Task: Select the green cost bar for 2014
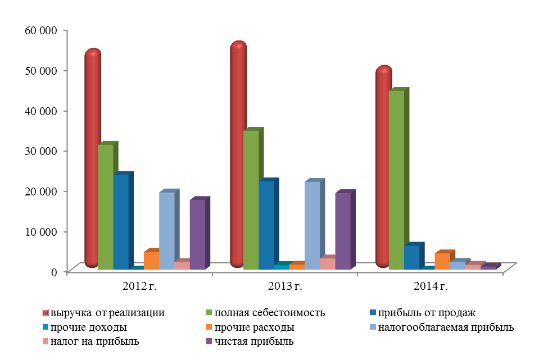pyautogui.click(x=396, y=180)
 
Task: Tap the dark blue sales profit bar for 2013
pyautogui.click(x=266, y=225)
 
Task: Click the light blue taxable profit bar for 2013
pyautogui.click(x=312, y=225)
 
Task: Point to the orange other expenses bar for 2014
pyautogui.click(x=442, y=261)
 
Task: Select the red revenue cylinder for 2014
pyautogui.click(x=383, y=168)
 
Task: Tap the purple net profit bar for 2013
pyautogui.click(x=343, y=231)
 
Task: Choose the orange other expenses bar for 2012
pyautogui.click(x=151, y=261)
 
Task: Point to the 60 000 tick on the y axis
pyautogui.click(x=41, y=30)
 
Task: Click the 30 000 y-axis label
pyautogui.click(x=41, y=151)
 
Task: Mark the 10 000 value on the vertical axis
pyautogui.click(x=41, y=231)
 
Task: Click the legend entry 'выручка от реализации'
pyautogui.click(x=107, y=313)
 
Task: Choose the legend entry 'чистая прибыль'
pyautogui.click(x=256, y=341)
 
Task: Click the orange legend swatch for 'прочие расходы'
pyautogui.click(x=209, y=327)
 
